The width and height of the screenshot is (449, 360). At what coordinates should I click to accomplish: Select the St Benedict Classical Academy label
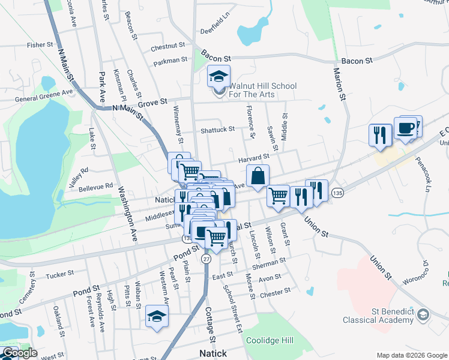click(380, 316)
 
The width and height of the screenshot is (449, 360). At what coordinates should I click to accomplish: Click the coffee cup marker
click(406, 129)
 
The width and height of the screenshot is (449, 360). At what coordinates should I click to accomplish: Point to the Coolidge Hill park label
click(270, 340)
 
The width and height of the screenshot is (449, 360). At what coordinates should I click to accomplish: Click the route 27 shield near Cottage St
click(206, 259)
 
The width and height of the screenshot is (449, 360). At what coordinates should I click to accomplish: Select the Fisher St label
click(40, 45)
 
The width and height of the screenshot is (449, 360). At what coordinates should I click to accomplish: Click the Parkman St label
click(170, 61)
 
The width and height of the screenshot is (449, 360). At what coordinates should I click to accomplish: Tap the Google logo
click(20, 353)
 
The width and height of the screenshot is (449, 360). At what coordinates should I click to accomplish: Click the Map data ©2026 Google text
click(411, 355)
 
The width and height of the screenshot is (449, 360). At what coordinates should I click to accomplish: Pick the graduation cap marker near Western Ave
click(157, 316)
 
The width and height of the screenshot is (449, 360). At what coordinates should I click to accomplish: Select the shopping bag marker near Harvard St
click(258, 176)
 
